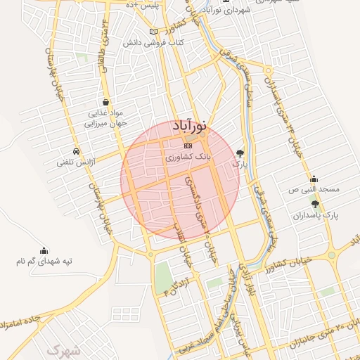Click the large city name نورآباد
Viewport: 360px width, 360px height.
pos(188,127)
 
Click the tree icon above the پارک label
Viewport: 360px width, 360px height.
pos(241,152)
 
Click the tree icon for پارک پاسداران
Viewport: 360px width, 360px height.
pos(315,204)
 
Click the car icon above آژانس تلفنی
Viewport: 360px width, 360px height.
pos(75,151)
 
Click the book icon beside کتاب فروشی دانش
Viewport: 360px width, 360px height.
pos(154,32)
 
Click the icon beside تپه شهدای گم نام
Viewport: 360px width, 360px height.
pos(44,250)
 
